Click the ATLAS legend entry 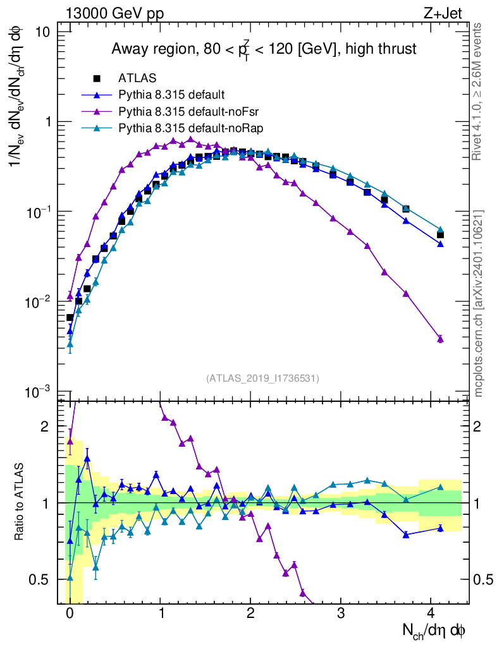click(137, 79)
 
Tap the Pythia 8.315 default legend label click(171, 95)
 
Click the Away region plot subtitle click(264, 49)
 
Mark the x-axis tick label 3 click(341, 613)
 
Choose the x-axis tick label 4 click(431, 613)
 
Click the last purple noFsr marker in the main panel click(440, 339)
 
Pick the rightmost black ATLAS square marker click(440, 235)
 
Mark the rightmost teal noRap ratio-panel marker click(440, 487)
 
